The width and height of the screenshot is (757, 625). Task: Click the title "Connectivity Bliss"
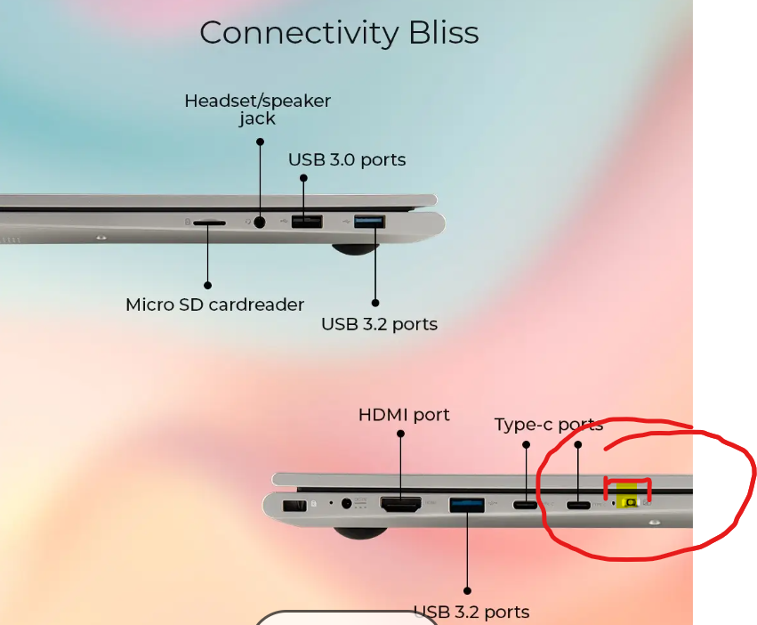click(x=339, y=33)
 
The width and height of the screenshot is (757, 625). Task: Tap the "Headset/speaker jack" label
click(x=257, y=110)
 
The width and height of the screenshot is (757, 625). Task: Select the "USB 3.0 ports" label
click(x=347, y=160)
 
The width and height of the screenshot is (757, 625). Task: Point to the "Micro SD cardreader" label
click(x=214, y=304)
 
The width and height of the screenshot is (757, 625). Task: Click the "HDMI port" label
click(x=404, y=415)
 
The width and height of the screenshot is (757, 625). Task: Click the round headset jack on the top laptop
click(x=260, y=222)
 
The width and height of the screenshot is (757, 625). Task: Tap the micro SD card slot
click(x=208, y=223)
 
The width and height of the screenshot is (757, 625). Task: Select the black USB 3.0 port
click(x=307, y=221)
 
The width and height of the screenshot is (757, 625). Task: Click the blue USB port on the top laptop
click(x=369, y=221)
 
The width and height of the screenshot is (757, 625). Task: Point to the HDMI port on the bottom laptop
click(x=400, y=504)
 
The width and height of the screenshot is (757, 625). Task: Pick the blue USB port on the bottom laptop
click(x=466, y=505)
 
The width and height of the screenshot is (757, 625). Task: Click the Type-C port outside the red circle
click(x=525, y=506)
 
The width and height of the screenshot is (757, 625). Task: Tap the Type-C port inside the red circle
click(x=578, y=506)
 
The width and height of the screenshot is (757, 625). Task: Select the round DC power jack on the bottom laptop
click(x=347, y=504)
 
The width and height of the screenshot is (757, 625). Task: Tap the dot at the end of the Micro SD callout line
click(x=208, y=286)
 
